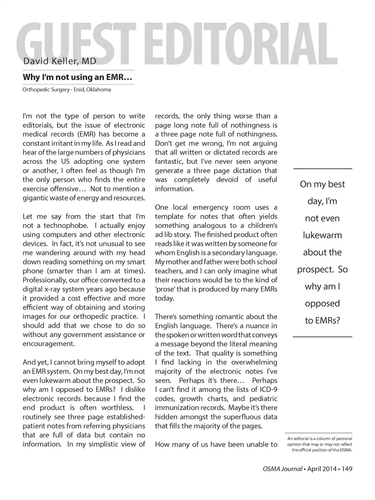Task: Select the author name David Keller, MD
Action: [x=59, y=61]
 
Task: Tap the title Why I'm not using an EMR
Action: [x=77, y=77]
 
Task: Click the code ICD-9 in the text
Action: [x=267, y=389]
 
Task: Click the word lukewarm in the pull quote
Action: [x=322, y=236]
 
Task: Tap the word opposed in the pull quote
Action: [x=322, y=304]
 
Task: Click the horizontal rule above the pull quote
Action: [x=322, y=168]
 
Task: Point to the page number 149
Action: [x=347, y=469]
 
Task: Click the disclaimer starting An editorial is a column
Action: [x=320, y=444]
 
